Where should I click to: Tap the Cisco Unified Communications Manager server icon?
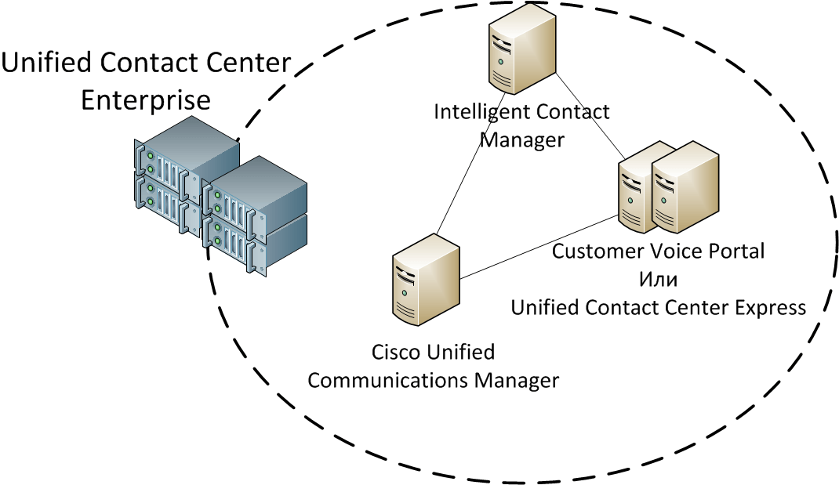(x=426, y=279)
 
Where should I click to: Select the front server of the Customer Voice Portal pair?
(x=685, y=187)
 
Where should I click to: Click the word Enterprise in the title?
(x=146, y=100)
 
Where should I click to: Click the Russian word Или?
(x=658, y=279)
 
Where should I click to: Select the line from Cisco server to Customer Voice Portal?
(x=539, y=247)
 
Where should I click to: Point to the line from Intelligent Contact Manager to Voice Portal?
(x=590, y=115)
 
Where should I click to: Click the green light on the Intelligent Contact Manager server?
(x=500, y=61)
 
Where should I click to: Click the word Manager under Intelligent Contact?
(x=521, y=140)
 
